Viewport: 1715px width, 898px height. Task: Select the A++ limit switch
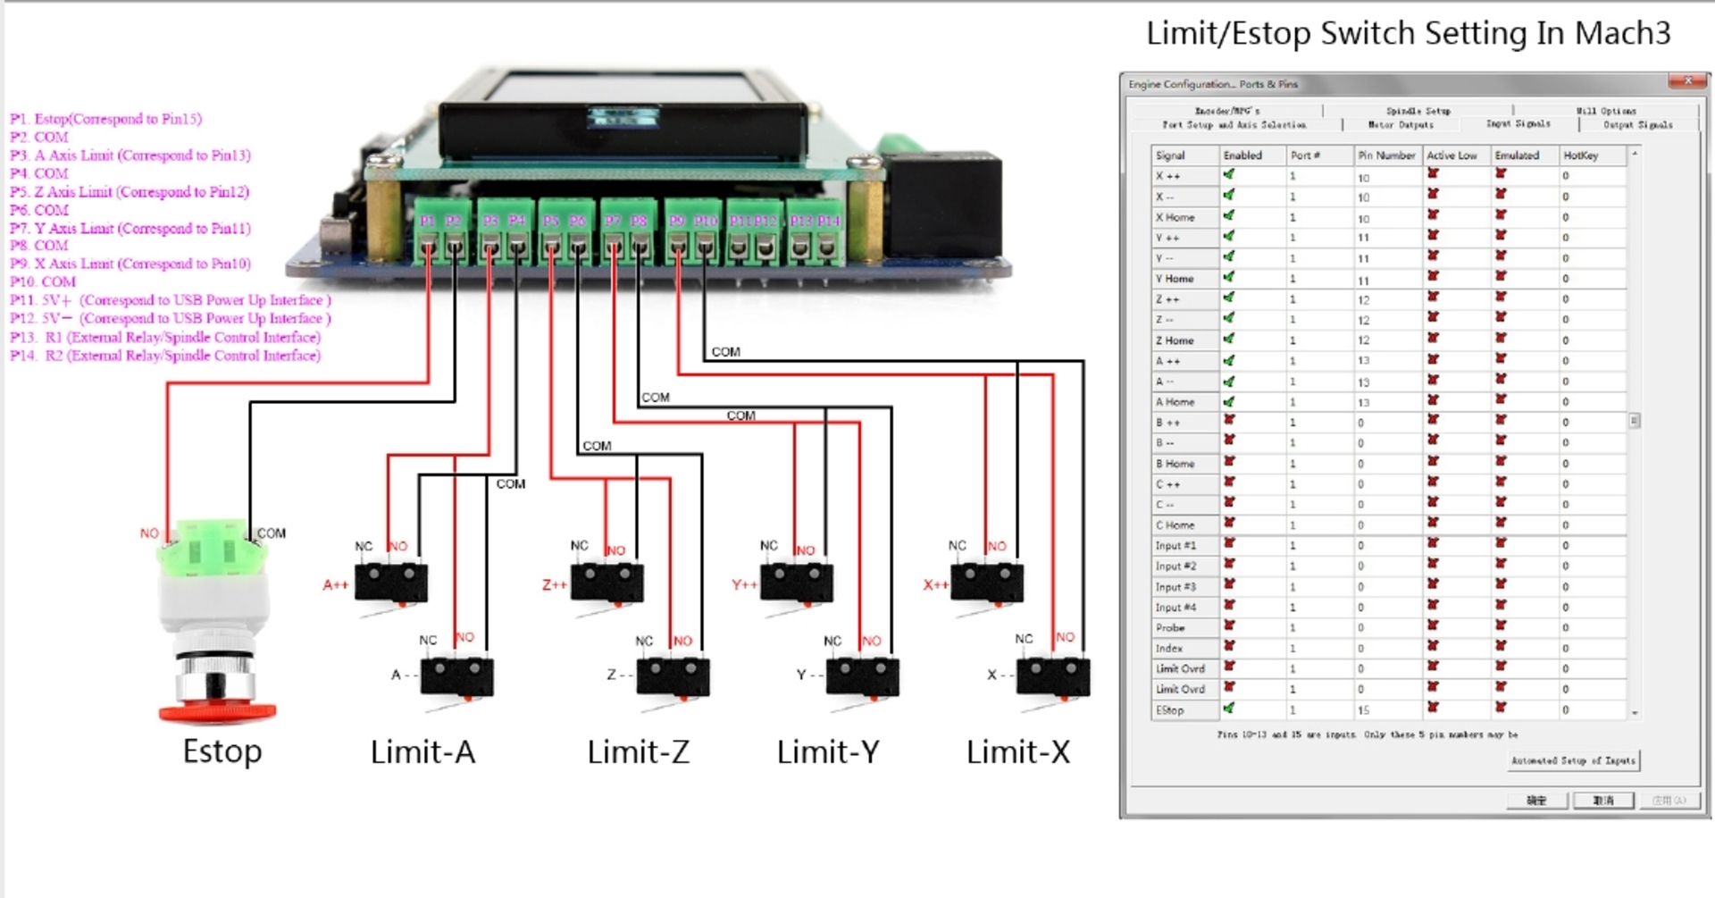tap(391, 583)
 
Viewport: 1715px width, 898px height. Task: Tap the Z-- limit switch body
tap(673, 676)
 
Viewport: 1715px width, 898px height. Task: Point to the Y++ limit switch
tap(797, 583)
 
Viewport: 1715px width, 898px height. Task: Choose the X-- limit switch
tap(1052, 676)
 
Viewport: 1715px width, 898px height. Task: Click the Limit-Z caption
tap(638, 752)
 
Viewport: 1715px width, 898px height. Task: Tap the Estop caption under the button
tap(222, 751)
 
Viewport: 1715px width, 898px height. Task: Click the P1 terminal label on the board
tap(428, 221)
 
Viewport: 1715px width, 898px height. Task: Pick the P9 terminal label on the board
tap(677, 221)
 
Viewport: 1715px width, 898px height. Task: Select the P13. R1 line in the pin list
tap(165, 337)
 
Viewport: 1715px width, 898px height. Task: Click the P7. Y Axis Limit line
tap(130, 228)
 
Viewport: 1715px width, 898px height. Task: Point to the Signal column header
tap(1170, 155)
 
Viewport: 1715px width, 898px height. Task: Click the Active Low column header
tap(1451, 155)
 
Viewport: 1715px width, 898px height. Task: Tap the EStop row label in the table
tap(1170, 710)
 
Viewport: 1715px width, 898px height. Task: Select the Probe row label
tap(1170, 628)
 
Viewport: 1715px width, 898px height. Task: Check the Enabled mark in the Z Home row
tap(1229, 340)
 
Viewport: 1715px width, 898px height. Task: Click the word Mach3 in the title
tap(1621, 33)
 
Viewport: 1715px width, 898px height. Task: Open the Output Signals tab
tap(1637, 125)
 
